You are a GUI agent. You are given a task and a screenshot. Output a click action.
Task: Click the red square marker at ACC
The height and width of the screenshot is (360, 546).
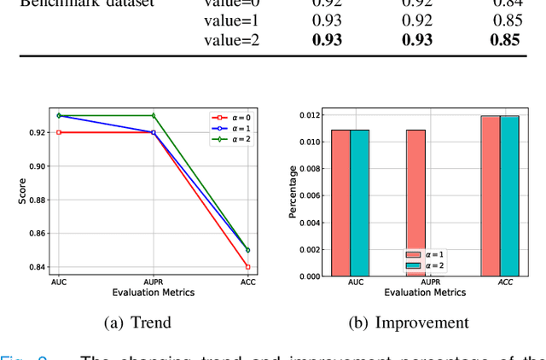[x=247, y=267]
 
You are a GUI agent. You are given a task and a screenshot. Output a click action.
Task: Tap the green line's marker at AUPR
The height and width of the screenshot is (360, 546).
[x=154, y=115]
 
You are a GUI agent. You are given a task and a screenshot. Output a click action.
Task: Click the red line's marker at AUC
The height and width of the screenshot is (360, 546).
[x=59, y=132]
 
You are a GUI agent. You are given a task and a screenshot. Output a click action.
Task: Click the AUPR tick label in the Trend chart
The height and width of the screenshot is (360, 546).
[x=154, y=282]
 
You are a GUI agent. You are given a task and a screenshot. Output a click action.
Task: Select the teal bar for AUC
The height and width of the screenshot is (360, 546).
[x=359, y=203]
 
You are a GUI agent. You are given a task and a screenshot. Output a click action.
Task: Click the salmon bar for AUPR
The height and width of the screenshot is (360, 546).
[x=415, y=203]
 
